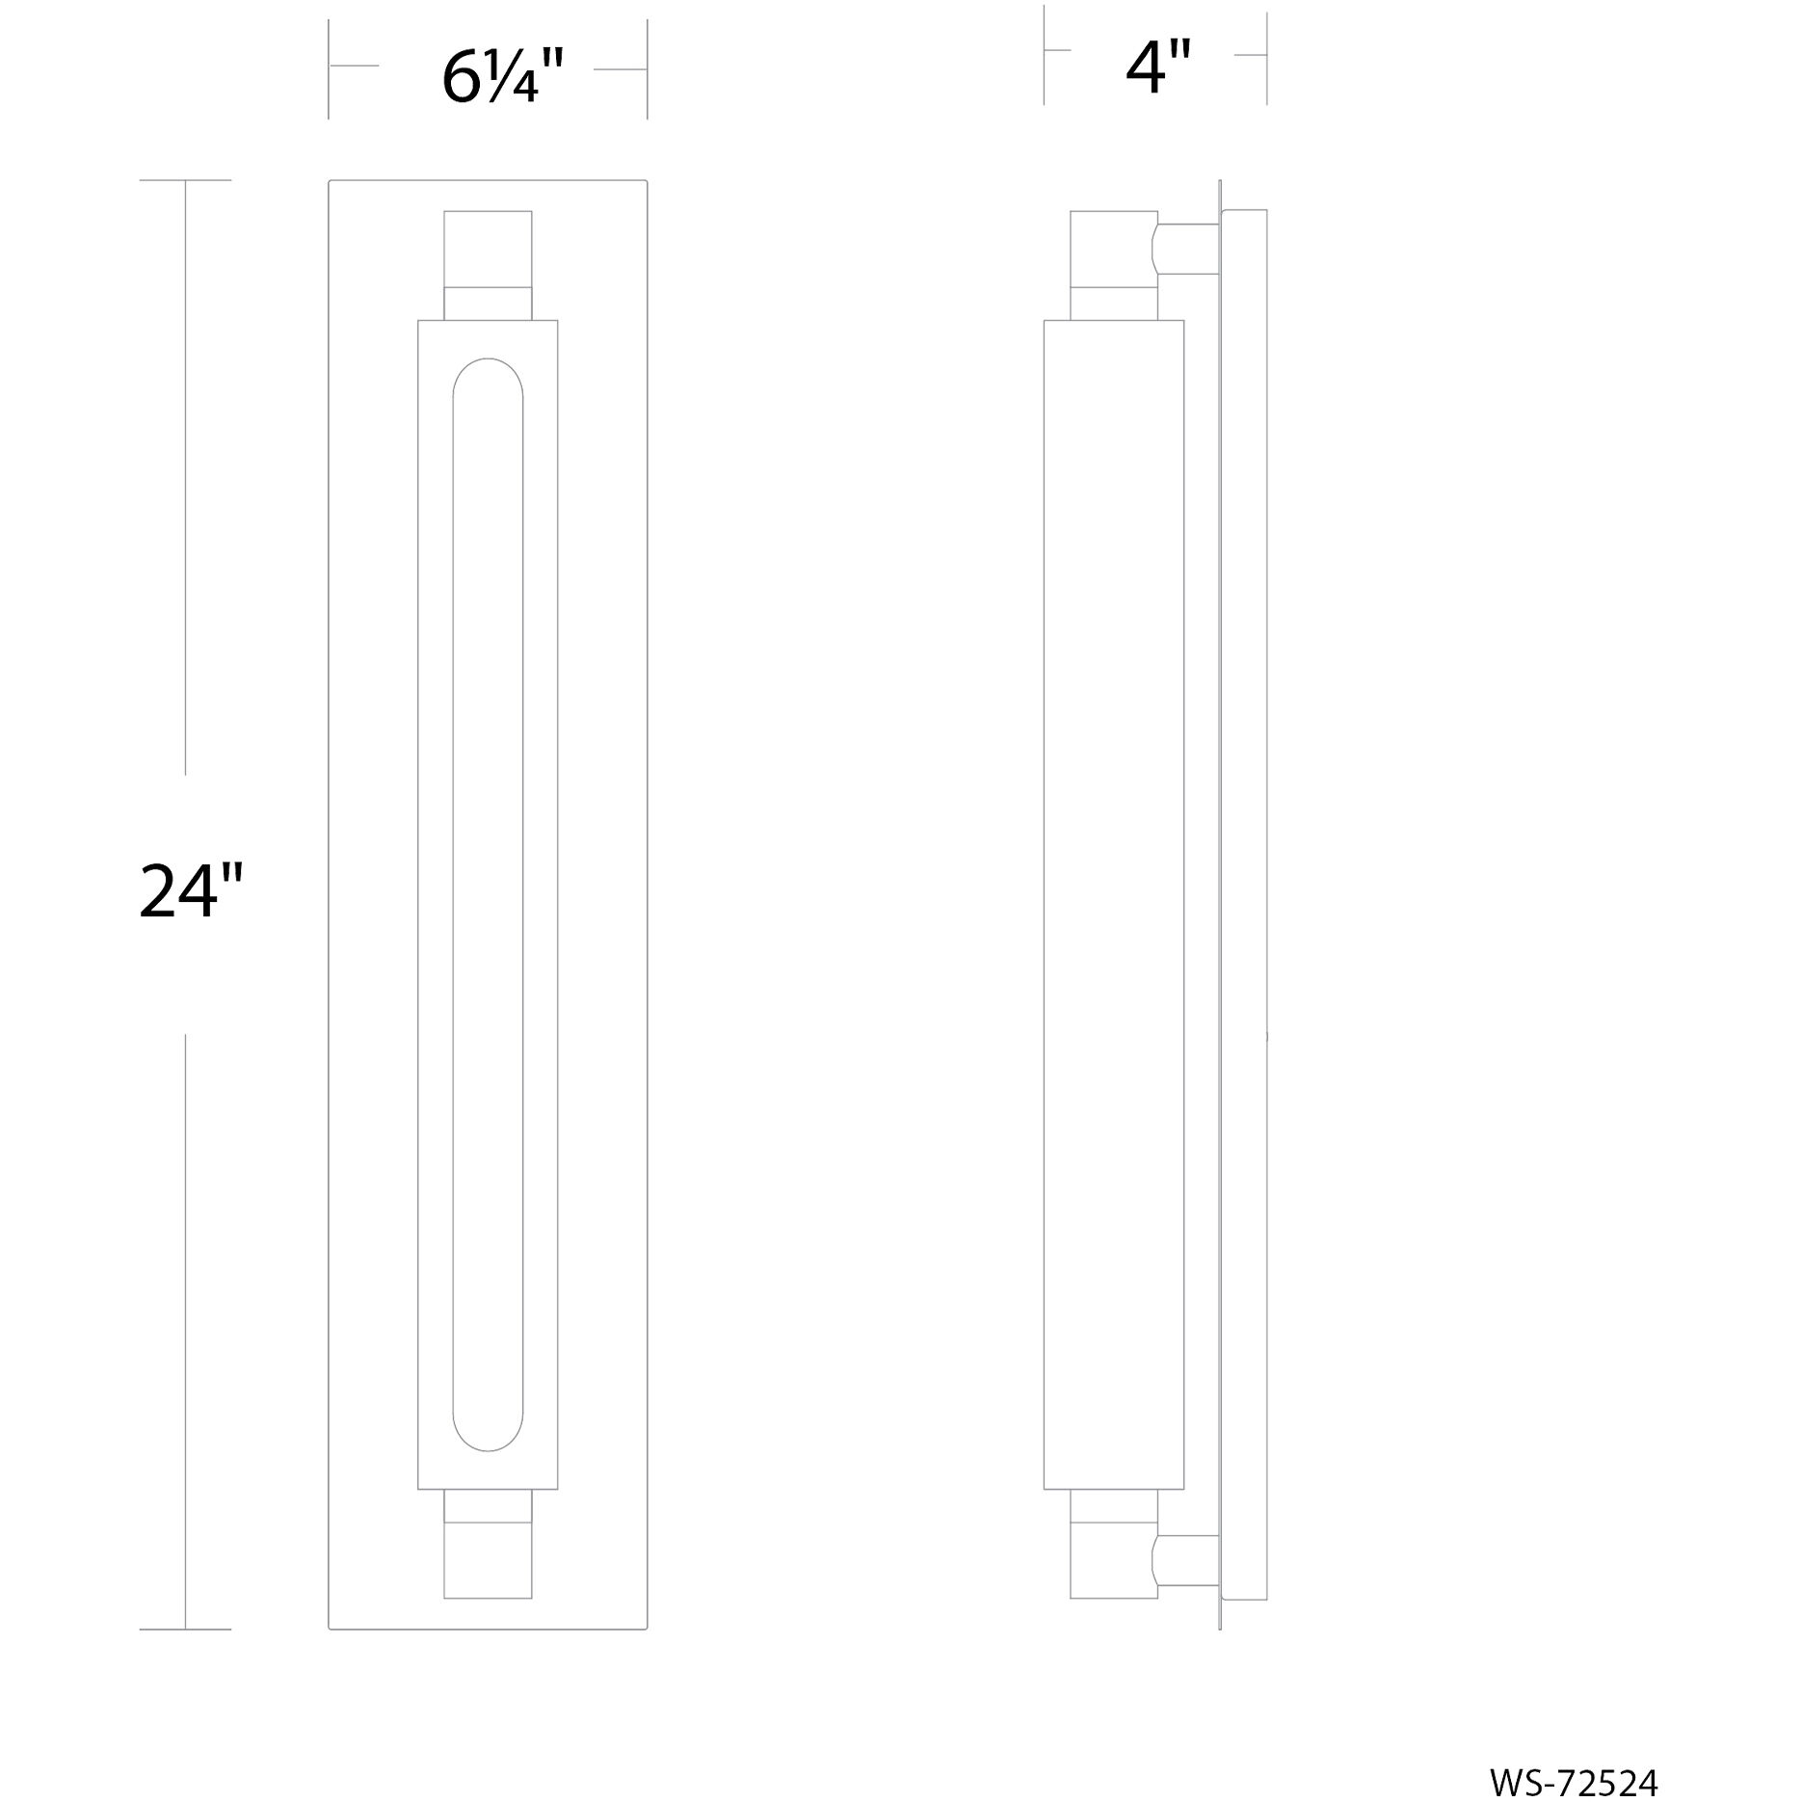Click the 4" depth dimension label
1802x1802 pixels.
1158,68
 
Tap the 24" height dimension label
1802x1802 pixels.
191,891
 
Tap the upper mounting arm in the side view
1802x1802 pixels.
1187,249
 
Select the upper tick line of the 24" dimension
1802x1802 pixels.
185,180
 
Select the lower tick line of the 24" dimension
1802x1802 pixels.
185,1630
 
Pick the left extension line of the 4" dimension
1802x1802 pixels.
1044,53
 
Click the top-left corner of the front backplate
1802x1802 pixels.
330,181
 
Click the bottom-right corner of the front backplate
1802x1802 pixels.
646,1629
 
